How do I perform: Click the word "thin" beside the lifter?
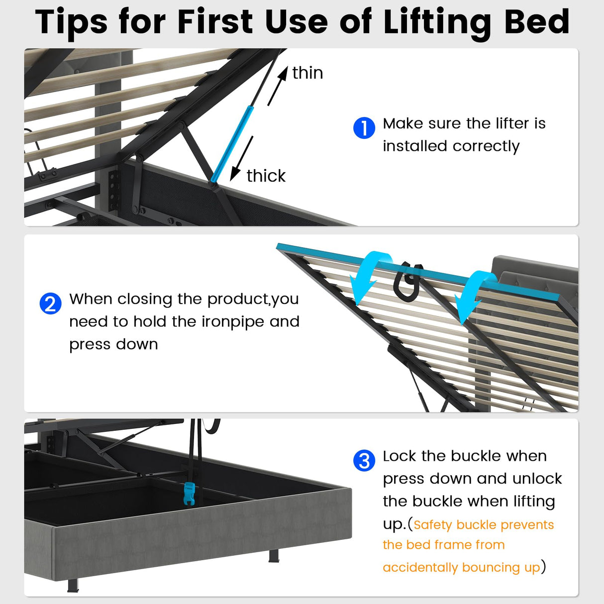tap(307, 73)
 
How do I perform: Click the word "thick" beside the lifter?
tap(266, 176)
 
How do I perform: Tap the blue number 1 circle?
tap(364, 128)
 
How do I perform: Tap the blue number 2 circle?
tap(50, 303)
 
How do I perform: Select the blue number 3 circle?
tap(364, 461)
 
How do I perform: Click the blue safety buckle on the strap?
tap(189, 493)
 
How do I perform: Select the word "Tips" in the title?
tap(72, 22)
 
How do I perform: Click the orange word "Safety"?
tap(433, 525)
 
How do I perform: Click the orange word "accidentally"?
tap(420, 568)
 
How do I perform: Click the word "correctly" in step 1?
tap(486, 146)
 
